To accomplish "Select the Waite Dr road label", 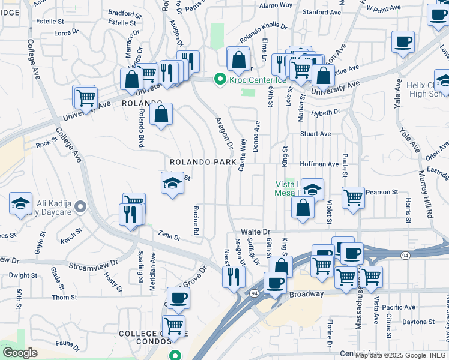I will pos(257,232).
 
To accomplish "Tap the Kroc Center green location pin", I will pos(220,79).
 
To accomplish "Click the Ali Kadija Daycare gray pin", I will pos(83,208).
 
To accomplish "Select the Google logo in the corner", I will pos(20,353).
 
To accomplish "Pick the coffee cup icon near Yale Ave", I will pos(403,43).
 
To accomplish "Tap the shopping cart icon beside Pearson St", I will pos(354,197).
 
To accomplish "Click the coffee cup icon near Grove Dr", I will pos(178,298).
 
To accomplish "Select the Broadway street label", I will pos(306,295).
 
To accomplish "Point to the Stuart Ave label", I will pos(316,134).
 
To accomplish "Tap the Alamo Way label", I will pos(276,5).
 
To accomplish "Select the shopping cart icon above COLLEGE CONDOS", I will pos(173,326).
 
